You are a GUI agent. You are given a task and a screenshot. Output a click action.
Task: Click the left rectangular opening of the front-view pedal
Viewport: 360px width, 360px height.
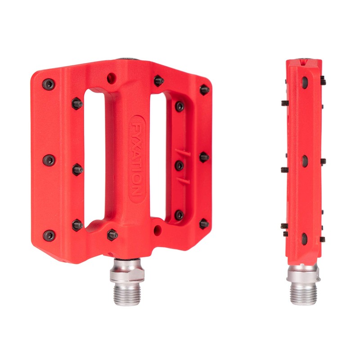click(94, 158)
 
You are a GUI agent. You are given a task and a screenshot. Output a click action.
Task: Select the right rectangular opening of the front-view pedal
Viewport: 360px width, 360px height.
click(158, 157)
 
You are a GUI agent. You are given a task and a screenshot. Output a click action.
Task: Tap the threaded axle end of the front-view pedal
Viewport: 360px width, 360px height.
click(127, 293)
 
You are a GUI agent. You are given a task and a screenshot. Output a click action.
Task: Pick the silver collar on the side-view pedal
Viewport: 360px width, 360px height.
click(302, 273)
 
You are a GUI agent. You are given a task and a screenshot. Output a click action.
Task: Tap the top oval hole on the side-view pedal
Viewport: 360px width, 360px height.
click(305, 82)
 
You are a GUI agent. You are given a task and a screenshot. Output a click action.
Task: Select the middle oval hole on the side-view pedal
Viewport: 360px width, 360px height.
click(305, 161)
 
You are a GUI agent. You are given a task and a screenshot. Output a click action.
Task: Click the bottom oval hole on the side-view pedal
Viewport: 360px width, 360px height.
click(305, 239)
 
